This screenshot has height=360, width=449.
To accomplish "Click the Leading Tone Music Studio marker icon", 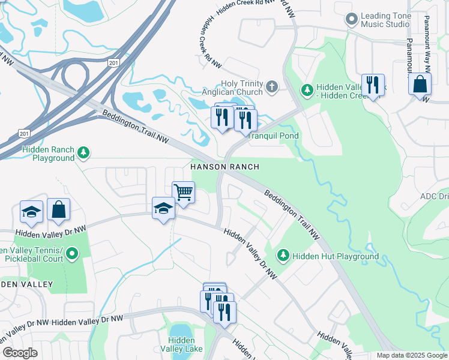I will click(x=352, y=20).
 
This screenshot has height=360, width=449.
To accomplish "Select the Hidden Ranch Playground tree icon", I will click(x=85, y=153).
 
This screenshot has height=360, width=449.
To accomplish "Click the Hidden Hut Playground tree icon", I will click(x=283, y=256).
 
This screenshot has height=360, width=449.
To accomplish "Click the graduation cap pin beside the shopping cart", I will click(x=163, y=208).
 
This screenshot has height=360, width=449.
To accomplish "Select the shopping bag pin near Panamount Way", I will click(x=420, y=84).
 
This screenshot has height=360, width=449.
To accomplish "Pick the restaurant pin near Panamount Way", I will click(x=373, y=85).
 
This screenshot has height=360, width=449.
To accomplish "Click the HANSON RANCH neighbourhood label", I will click(x=224, y=167).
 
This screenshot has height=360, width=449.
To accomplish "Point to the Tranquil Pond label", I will click(x=273, y=136).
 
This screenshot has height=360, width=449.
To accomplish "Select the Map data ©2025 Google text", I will click(x=411, y=355).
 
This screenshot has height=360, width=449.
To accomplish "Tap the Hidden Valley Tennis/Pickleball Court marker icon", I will click(x=73, y=254).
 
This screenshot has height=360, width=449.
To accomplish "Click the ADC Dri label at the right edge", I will click(x=433, y=196).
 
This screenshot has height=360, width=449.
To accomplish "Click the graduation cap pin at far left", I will click(x=31, y=211).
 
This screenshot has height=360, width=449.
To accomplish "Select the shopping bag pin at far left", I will click(x=59, y=209).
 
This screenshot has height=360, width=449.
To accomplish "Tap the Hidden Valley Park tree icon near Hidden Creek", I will click(x=307, y=89).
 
